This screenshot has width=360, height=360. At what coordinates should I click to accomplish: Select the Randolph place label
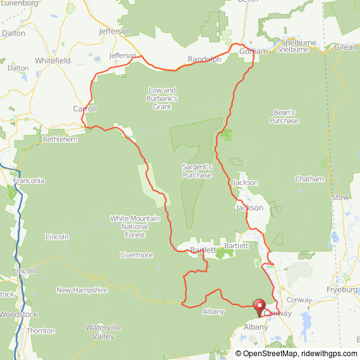pos(204,59)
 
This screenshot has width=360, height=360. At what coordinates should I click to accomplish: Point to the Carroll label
pos(84,109)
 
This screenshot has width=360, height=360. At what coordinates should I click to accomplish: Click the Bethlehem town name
pos(59,139)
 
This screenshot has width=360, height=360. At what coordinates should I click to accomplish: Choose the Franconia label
pos(28,181)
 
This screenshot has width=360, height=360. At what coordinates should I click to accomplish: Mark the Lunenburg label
pos(21,3)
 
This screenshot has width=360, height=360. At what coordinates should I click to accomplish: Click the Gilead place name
pos(345,47)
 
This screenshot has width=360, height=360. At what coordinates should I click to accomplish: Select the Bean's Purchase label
pos(284,116)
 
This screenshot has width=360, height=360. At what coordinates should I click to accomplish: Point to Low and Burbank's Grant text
pos(163,98)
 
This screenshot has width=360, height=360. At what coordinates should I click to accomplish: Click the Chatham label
pos(309,179)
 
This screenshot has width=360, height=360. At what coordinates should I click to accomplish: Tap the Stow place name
pos(340,197)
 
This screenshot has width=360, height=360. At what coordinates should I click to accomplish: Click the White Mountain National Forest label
pos(135,227)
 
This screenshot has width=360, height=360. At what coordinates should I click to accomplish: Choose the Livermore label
pos(136,255)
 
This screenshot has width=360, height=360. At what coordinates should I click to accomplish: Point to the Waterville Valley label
pos(100,332)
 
